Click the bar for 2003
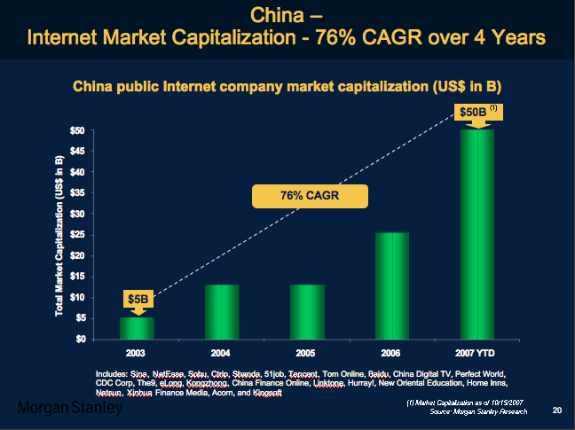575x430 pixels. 137,328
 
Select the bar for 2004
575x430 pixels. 222,311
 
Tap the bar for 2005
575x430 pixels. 307,311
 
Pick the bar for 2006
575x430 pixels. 392,285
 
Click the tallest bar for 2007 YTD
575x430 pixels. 477,234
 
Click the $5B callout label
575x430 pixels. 137,300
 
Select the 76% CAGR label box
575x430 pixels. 297,196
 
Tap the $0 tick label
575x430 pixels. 79,339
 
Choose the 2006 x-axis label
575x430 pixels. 392,353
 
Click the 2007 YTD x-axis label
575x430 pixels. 477,353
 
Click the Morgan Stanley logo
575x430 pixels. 70,409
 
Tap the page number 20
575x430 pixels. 557,410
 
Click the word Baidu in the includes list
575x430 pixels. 380,374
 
